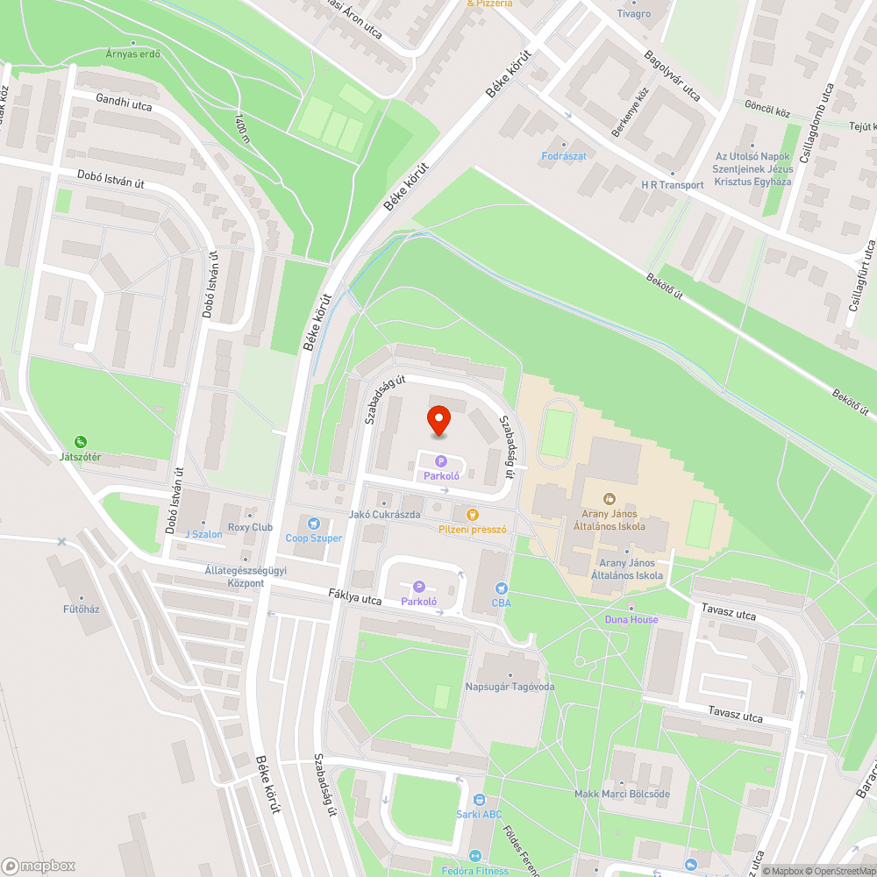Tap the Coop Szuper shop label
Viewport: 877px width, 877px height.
[313, 538]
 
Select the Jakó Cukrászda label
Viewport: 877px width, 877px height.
[384, 514]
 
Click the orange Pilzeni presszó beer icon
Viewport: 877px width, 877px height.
[473, 514]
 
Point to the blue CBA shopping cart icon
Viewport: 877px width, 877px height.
[502, 588]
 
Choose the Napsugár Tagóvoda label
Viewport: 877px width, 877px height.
[509, 687]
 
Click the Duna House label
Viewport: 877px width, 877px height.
[631, 619]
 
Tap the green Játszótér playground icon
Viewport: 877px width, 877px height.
[81, 442]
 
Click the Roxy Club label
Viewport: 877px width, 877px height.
[250, 527]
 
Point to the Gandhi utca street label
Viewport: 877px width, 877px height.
[125, 106]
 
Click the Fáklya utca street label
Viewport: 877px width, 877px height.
[355, 600]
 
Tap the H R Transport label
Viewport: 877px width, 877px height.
[673, 185]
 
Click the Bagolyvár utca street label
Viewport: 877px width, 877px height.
[673, 76]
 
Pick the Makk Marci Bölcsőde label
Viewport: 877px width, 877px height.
[622, 794]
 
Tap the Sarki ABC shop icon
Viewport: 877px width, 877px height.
[479, 800]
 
